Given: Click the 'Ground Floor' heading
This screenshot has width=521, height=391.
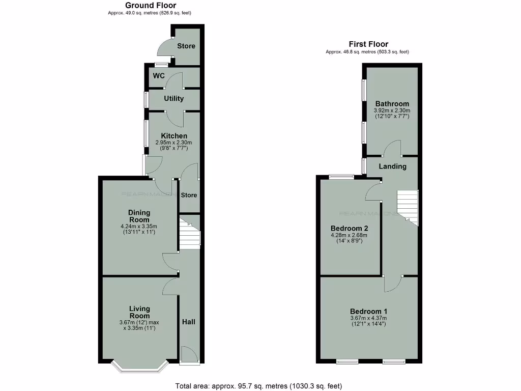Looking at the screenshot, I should tap(151, 6).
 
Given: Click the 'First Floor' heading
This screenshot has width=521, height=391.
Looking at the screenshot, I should tap(368, 44).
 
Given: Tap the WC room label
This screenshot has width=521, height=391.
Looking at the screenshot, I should tap(159, 76).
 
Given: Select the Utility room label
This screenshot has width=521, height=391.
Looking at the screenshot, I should tap(173, 98).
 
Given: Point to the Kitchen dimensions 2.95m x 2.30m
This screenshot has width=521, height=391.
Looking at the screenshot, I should tap(174, 143).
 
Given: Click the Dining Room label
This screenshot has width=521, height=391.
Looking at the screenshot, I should tap(139, 216).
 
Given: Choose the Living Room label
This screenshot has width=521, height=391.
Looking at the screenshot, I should tap(139, 309).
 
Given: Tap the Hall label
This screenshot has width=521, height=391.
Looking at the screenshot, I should tap(189, 322).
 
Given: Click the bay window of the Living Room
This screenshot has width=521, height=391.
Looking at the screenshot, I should tap(139, 367).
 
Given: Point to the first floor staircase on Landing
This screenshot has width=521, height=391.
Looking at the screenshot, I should tap(407, 206).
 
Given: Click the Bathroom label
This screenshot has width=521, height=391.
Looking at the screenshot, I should tap(392, 104).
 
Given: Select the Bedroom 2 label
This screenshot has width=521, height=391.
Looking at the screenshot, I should tap(349, 228).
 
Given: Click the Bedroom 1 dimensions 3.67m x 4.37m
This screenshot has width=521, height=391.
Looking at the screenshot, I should tap(368, 319).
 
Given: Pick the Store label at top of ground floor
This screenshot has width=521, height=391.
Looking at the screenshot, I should tap(186, 46).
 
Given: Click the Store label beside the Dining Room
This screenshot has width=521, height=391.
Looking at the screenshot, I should tap(189, 195).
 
